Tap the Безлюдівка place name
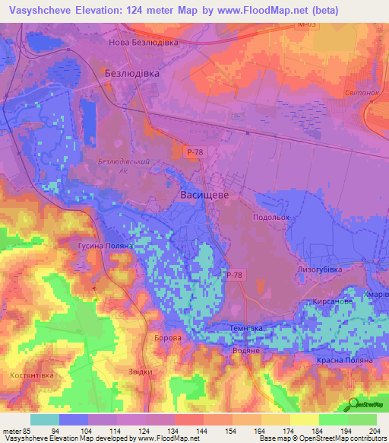[x=131, y=72]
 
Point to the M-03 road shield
[x=305, y=25]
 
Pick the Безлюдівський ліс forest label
[x=122, y=167]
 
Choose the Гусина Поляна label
[x=106, y=247]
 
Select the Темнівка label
[x=246, y=327]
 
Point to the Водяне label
[x=246, y=349]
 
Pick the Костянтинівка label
[x=30, y=376]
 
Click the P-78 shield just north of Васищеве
[x=194, y=152]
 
